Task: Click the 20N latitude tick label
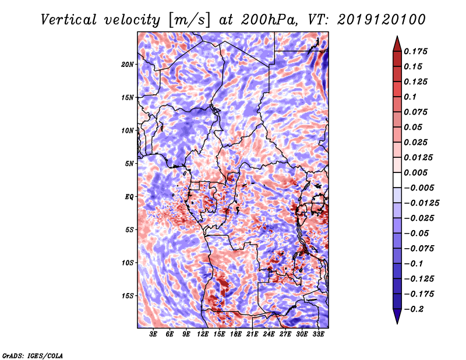tap(128, 65)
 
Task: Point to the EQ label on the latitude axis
tap(129, 197)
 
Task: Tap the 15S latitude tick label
tap(128, 296)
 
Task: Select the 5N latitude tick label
tap(129, 164)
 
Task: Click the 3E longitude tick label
tap(153, 334)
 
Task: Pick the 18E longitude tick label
tap(236, 334)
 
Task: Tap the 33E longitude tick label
tap(318, 334)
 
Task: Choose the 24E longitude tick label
tap(269, 334)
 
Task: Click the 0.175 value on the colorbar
tap(415, 51)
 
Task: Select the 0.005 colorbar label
tap(415, 172)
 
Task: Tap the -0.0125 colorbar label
tap(421, 203)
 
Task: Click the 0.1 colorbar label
tap(410, 97)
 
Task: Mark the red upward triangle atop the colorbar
tap(397, 44)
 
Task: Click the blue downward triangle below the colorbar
tap(397, 316)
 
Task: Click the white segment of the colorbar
tap(397, 180)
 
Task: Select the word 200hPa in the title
tap(269, 20)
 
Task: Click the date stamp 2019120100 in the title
tap(382, 20)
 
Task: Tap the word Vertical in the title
tap(69, 20)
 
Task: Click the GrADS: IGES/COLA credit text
tap(33, 356)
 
